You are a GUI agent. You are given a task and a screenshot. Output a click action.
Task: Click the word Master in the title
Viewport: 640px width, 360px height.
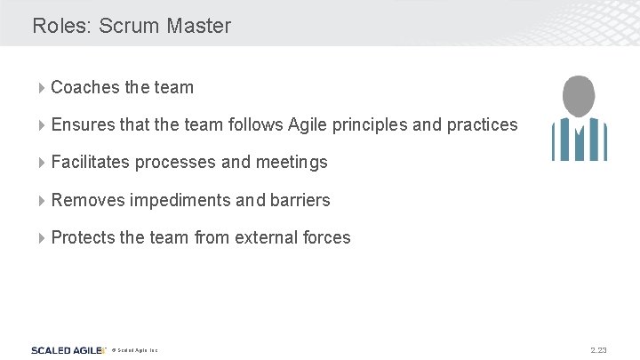pos(198,26)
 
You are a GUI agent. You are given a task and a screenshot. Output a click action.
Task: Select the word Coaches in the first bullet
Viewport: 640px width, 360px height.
pos(85,87)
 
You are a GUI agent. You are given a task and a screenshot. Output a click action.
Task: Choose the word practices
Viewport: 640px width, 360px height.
pos(482,125)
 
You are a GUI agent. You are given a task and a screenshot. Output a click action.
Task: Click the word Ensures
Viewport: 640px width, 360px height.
pos(84,124)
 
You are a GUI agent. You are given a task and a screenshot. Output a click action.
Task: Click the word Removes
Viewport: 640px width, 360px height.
pos(88,200)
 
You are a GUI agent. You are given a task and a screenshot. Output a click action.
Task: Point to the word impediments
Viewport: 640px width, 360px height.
pos(180,200)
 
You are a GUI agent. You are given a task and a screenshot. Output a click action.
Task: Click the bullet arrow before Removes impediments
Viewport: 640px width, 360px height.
pos(43,200)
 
